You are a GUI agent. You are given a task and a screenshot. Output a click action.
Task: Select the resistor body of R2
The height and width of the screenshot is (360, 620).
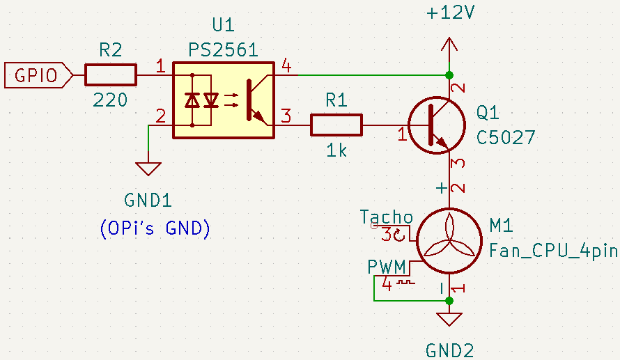click(111, 75)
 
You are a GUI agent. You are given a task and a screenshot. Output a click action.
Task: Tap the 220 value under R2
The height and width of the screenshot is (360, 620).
click(111, 100)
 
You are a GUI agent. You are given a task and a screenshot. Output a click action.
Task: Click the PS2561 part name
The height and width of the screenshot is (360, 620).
click(223, 50)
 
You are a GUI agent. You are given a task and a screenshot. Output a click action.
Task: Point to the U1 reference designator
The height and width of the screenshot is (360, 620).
click(223, 26)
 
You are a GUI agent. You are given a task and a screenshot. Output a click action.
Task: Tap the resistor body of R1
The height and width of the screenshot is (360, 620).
click(336, 125)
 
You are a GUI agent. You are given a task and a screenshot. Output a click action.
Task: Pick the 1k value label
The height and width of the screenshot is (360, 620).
click(336, 150)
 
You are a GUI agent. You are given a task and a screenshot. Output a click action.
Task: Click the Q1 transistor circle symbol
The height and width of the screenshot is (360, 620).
click(436, 125)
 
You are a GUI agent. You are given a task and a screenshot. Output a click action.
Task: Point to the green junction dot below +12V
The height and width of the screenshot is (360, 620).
click(449, 75)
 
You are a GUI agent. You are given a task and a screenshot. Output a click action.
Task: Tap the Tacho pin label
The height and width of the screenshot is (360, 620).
click(386, 217)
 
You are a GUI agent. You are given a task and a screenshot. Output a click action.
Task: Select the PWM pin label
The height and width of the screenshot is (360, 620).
click(388, 267)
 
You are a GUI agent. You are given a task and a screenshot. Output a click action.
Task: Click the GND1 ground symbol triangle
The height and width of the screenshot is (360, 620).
click(148, 169)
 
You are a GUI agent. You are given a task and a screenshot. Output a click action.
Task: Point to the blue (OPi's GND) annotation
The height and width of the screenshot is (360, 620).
click(155, 228)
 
